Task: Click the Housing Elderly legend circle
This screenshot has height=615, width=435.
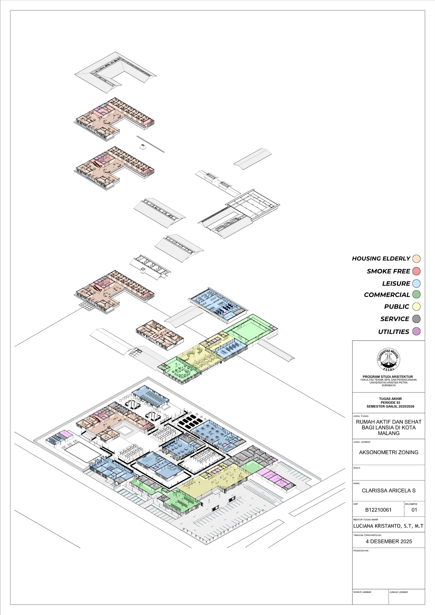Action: [x=416, y=259]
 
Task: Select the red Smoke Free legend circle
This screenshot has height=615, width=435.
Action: [x=416, y=271]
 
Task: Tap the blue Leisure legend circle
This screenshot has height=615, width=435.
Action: [x=416, y=284]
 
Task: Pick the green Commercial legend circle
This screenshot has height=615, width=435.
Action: [x=416, y=294]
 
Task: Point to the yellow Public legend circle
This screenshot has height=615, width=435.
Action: [x=416, y=307]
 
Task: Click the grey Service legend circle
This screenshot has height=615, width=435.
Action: [x=416, y=319]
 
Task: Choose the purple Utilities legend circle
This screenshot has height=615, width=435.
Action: [x=416, y=331]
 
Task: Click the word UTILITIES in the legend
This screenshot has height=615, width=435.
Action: [x=394, y=332]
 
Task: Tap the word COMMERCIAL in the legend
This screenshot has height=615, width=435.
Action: [x=387, y=295]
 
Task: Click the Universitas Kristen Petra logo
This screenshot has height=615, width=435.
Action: [x=389, y=360]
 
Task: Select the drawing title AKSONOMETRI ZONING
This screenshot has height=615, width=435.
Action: [x=389, y=452]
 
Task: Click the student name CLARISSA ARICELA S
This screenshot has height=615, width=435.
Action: [x=389, y=491]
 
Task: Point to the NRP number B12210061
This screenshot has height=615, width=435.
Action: [x=378, y=510]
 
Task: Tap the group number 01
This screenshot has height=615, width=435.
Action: [x=414, y=510]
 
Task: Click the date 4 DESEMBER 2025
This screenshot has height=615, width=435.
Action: [x=389, y=541]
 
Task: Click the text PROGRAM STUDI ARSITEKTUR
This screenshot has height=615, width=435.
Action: [x=388, y=377]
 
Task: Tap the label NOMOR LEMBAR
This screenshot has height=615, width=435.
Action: [x=362, y=592]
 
